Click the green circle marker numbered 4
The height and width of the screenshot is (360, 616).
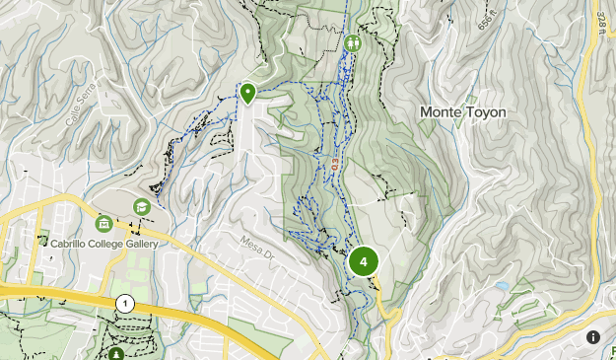coord(364,261)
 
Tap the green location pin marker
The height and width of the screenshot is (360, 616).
coord(247,93)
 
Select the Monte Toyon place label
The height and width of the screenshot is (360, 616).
coord(463,112)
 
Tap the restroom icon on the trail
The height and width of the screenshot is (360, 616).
coord(353,43)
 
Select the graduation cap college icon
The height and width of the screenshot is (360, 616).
coord(142,206)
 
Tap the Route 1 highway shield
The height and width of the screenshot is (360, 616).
coord(125,304)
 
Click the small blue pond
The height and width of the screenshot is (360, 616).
coord(503,286)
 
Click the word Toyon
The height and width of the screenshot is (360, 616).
coord(485,112)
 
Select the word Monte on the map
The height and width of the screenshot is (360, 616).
coord(441,112)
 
